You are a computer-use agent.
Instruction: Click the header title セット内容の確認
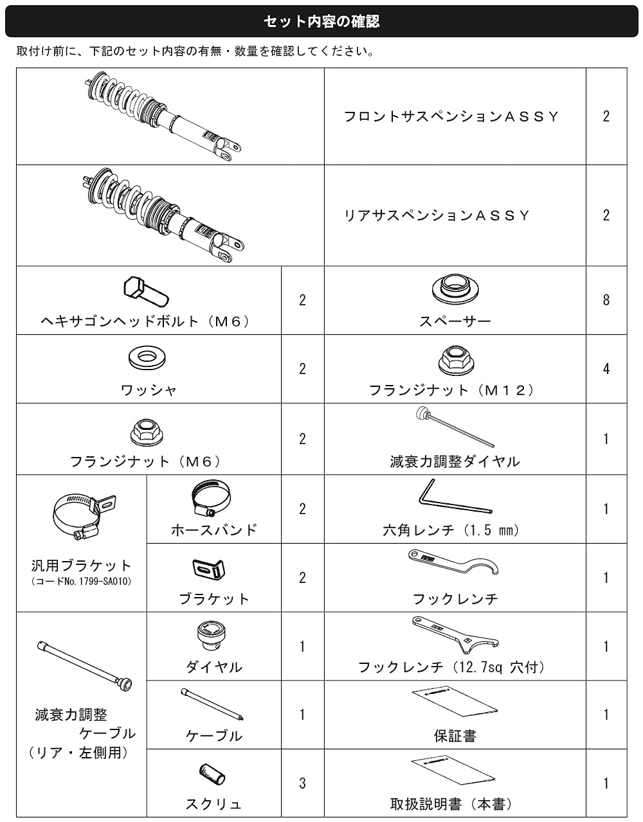click(321, 21)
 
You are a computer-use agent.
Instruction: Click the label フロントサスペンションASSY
click(451, 116)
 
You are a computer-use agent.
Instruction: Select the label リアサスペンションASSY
click(437, 215)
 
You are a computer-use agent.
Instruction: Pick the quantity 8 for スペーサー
click(606, 300)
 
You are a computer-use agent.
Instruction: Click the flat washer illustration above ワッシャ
click(147, 357)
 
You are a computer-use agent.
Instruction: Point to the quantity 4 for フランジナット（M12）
click(606, 368)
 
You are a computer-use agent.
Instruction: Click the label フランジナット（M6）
click(146, 461)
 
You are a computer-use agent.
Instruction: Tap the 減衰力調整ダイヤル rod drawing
click(455, 427)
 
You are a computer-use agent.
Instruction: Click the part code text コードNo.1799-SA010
click(82, 581)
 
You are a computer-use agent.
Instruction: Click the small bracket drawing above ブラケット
click(208, 569)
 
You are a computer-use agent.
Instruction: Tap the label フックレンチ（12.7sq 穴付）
click(451, 667)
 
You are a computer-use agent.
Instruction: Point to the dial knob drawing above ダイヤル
click(211, 636)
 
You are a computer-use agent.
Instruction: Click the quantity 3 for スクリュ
click(302, 783)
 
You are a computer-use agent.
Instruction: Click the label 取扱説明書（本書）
click(451, 804)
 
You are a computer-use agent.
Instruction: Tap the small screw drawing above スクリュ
click(212, 774)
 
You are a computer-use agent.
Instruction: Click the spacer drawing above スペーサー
click(455, 289)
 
